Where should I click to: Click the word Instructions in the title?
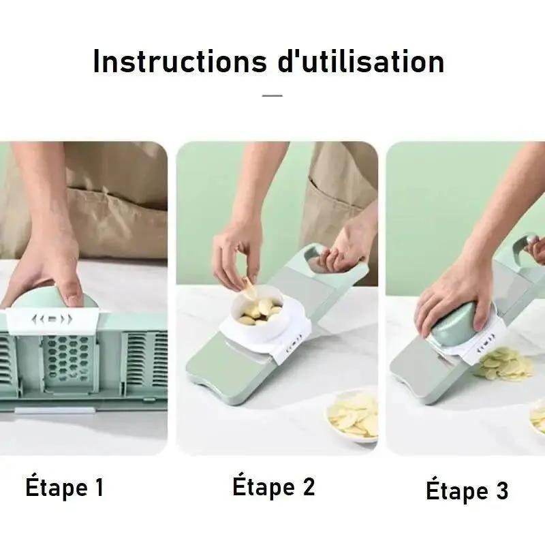point(180,61)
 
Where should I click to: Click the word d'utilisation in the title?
point(361,61)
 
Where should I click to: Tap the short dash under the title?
point(272,95)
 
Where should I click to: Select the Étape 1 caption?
point(65,487)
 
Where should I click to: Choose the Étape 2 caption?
point(274,486)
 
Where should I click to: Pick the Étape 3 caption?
point(467,490)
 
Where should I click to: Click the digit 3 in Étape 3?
point(502,490)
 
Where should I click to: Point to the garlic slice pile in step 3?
point(504,363)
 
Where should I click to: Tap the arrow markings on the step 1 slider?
point(52,319)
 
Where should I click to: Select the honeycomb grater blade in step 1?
point(67,358)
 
